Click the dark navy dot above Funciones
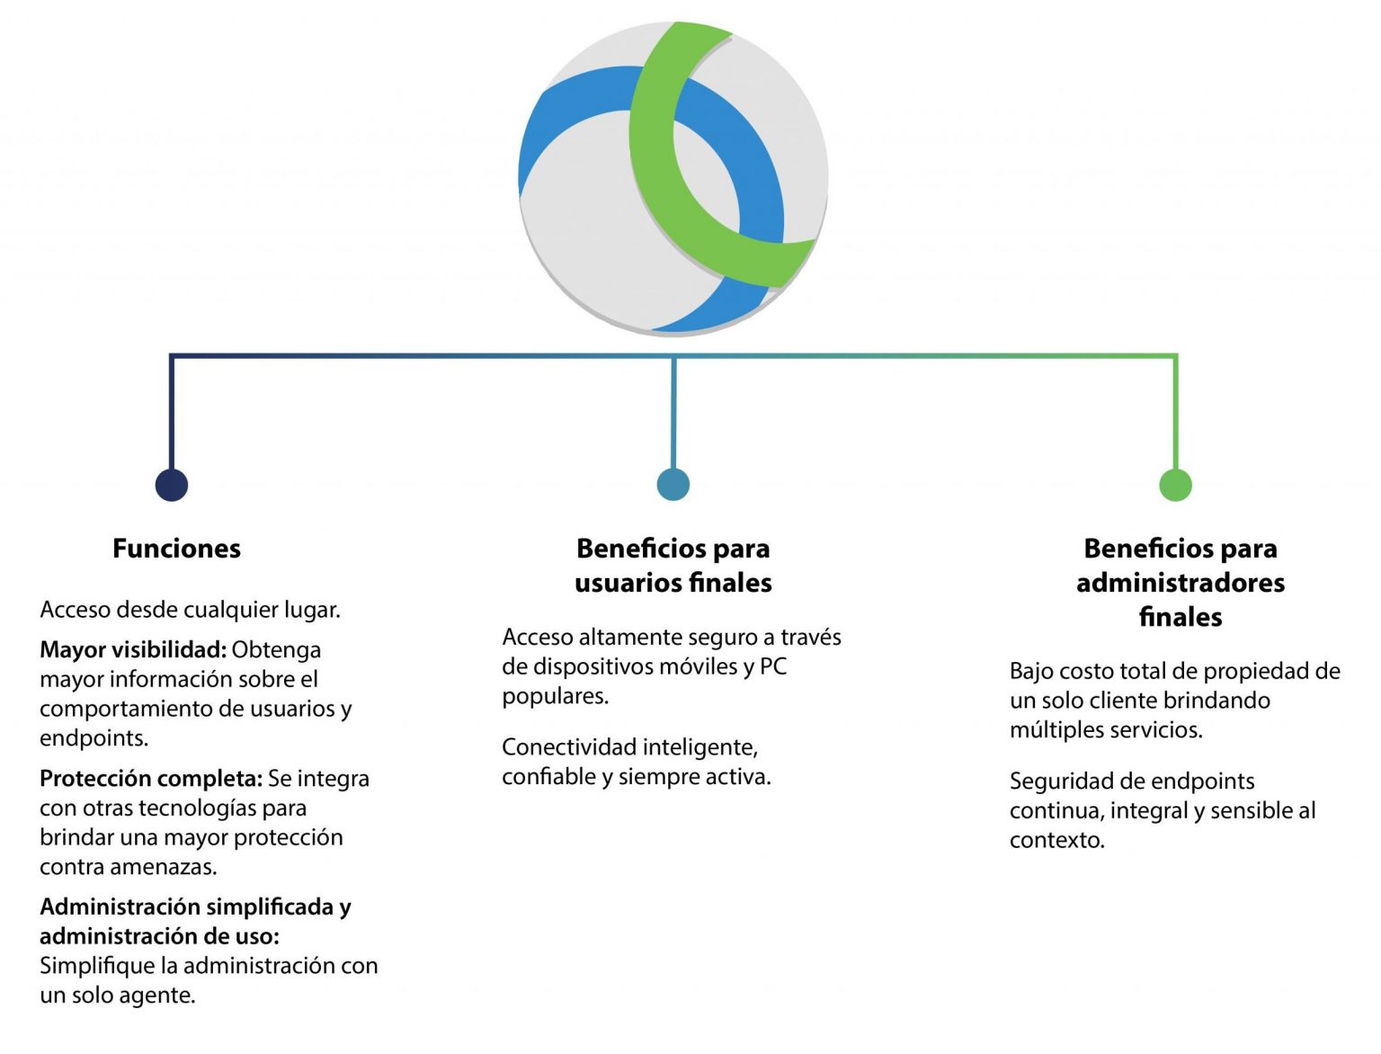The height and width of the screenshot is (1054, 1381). pyautogui.click(x=171, y=485)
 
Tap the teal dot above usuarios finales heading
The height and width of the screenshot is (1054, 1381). pyautogui.click(x=673, y=485)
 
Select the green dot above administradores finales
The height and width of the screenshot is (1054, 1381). pyautogui.click(x=1175, y=485)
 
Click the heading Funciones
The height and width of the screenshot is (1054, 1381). pyautogui.click(x=177, y=548)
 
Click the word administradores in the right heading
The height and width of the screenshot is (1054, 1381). pyautogui.click(x=1181, y=583)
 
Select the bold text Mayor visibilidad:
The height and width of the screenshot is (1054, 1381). pyautogui.click(x=133, y=649)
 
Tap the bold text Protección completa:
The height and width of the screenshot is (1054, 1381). pyautogui.click(x=151, y=779)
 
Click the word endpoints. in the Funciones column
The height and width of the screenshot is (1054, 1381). pyautogui.click(x=94, y=738)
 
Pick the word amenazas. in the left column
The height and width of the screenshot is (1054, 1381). pyautogui.click(x=163, y=867)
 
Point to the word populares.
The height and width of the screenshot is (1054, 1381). pyautogui.click(x=556, y=697)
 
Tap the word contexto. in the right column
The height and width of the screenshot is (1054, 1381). pyautogui.click(x=1057, y=840)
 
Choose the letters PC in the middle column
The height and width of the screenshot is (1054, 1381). pyautogui.click(x=773, y=666)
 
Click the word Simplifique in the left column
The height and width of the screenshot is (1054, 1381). pyautogui.click(x=100, y=966)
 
